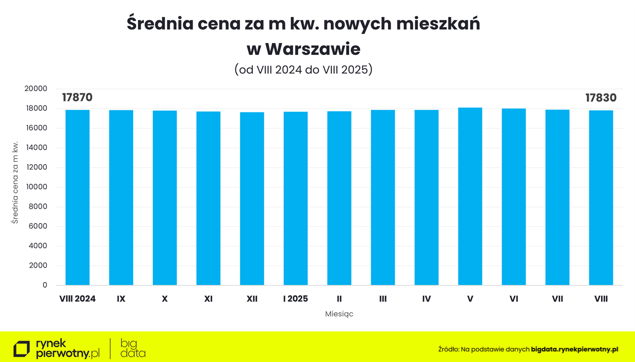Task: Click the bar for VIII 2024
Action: (77, 197)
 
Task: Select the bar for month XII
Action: (252, 199)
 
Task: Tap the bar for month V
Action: (470, 196)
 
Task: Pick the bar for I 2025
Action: (296, 198)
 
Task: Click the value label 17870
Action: (77, 97)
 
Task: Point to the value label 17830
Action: (601, 98)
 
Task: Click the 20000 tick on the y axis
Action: (36, 89)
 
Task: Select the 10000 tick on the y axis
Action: (36, 187)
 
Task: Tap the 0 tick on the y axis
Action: (45, 285)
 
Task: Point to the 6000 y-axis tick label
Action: (38, 226)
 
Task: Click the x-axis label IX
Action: (121, 299)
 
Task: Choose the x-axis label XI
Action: (209, 299)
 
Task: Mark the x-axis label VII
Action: (557, 299)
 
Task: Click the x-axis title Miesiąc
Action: (339, 314)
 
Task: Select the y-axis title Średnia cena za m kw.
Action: (15, 182)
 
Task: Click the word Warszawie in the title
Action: (313, 49)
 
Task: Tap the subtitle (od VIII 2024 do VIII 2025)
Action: (303, 69)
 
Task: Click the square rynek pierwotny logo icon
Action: (21, 349)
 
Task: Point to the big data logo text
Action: (133, 348)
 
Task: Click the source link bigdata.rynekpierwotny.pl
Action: (575, 350)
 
